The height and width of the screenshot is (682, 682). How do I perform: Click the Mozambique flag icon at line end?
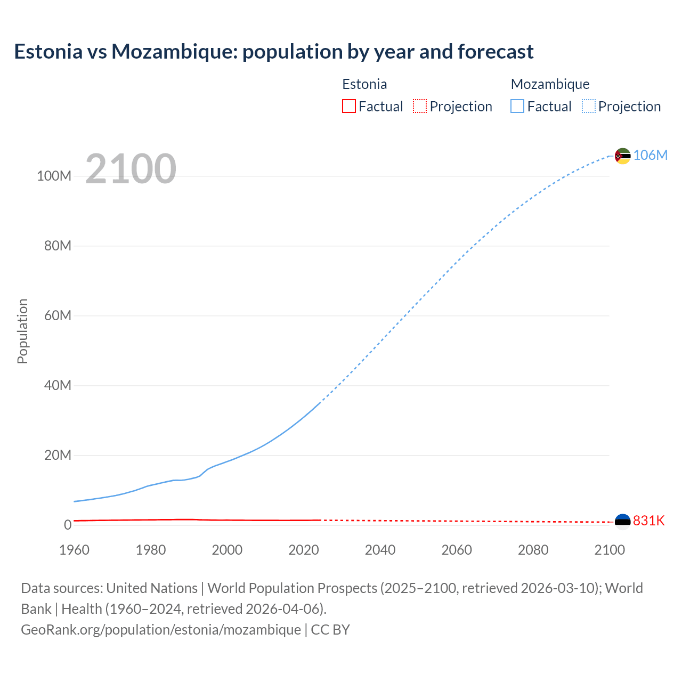(x=622, y=156)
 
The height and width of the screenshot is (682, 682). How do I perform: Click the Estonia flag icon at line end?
(x=622, y=522)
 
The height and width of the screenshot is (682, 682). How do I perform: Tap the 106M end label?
(x=650, y=155)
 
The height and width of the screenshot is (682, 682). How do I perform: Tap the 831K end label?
(x=648, y=521)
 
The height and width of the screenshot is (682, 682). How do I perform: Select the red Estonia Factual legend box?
(x=348, y=107)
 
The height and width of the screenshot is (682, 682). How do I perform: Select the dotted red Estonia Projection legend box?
(x=420, y=107)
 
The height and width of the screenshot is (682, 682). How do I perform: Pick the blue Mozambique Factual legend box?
(x=517, y=107)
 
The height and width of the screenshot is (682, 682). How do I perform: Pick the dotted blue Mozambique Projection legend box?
(x=588, y=107)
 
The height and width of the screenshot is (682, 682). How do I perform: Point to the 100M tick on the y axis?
(x=54, y=176)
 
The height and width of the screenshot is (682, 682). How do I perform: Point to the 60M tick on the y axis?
(x=58, y=315)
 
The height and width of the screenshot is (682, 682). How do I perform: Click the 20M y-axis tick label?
(x=58, y=455)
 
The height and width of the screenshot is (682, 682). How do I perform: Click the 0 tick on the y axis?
(x=68, y=525)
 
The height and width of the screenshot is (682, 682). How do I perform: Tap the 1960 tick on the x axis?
(x=75, y=550)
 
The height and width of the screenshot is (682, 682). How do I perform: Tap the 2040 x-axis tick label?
(x=380, y=550)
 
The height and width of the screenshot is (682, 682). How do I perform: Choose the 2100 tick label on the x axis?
(x=609, y=550)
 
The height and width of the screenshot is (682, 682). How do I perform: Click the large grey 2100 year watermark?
(x=131, y=169)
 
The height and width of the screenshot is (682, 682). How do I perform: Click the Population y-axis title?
(x=22, y=331)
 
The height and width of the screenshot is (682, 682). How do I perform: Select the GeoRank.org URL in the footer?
(x=161, y=630)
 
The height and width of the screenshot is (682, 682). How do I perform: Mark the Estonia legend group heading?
(x=364, y=84)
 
